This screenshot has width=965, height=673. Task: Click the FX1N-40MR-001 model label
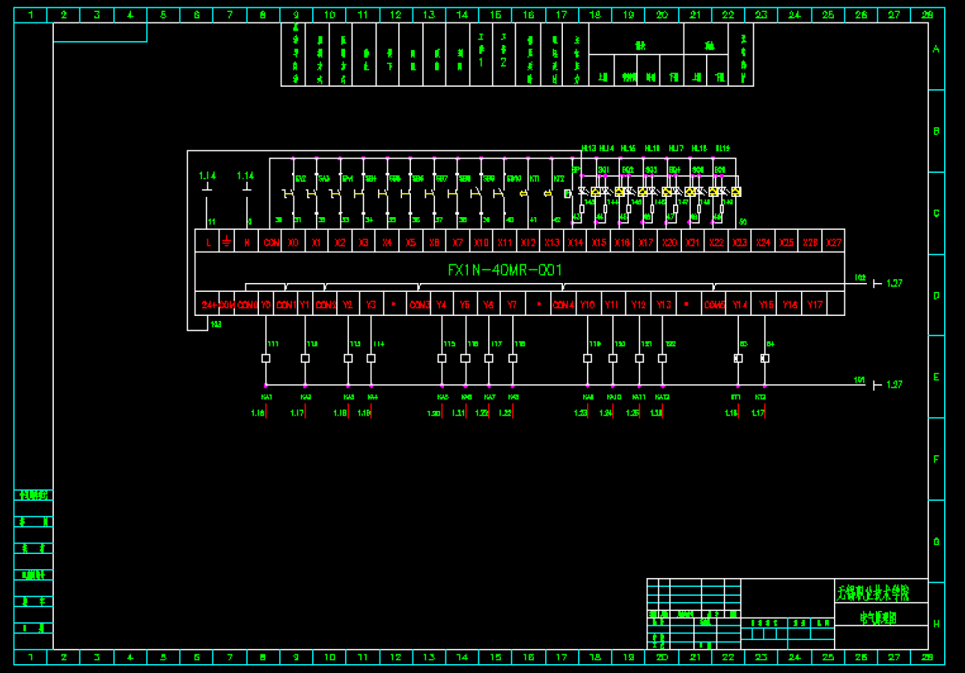coord(505,270)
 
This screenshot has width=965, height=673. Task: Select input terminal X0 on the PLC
coord(294,242)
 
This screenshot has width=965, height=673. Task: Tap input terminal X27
coord(833,242)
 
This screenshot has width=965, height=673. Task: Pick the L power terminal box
coord(208,242)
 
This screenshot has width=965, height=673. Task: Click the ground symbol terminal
coord(227,242)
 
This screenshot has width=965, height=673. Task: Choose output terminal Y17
coord(815,305)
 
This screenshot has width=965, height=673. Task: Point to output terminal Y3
coord(371,305)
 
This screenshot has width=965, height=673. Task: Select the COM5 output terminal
coord(714,305)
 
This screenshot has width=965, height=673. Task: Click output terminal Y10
coord(588,305)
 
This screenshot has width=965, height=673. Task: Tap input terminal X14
coord(575,242)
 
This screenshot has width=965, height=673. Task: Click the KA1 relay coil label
coord(267,397)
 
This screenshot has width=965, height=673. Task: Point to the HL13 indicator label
coord(589,149)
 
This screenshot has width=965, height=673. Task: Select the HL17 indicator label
coord(675,149)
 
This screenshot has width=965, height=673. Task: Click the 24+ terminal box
coord(208,305)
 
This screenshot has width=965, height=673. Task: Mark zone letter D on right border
coord(936,295)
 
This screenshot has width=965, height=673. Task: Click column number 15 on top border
coord(495,14)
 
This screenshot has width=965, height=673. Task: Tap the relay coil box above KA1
coord(266,359)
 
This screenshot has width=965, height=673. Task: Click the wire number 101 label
coord(859,380)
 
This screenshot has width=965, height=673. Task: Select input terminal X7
coord(458,242)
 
